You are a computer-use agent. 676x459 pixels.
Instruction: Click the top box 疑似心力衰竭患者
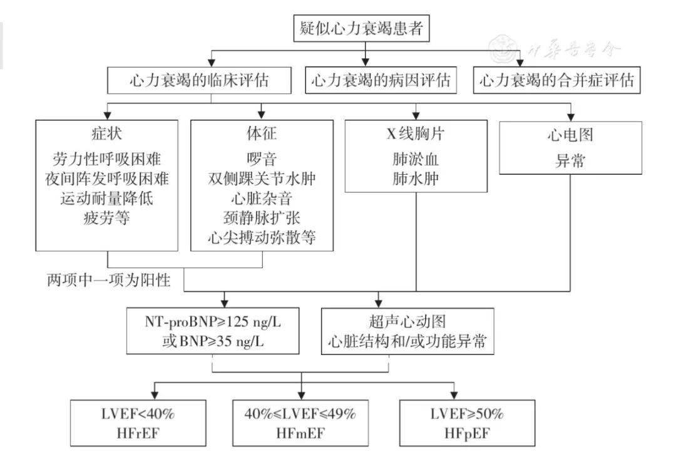361,28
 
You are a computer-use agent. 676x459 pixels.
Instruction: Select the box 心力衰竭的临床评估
199,80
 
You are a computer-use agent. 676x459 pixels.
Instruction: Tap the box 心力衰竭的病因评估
381,80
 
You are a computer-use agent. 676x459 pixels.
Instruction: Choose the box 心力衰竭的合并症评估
556,80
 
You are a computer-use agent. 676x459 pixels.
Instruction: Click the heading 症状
106,133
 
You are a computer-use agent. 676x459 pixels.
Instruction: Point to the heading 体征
262,133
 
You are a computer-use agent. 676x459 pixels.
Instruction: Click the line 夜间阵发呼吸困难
107,178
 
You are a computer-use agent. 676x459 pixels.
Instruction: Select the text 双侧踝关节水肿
262,178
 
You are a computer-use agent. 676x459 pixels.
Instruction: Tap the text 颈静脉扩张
262,218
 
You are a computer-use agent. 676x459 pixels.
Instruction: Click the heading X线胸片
416,134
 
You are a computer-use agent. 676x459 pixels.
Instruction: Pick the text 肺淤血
416,160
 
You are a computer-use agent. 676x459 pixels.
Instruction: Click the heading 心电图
570,135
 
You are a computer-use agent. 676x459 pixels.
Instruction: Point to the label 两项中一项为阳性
109,281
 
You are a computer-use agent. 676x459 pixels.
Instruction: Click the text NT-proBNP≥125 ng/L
213,322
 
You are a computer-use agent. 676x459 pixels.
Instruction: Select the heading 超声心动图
407,322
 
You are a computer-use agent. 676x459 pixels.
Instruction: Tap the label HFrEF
138,433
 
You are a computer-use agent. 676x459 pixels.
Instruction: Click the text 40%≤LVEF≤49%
300,414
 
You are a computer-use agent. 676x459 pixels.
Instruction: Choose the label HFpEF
467,433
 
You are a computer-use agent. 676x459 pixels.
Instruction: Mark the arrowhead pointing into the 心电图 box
571,117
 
